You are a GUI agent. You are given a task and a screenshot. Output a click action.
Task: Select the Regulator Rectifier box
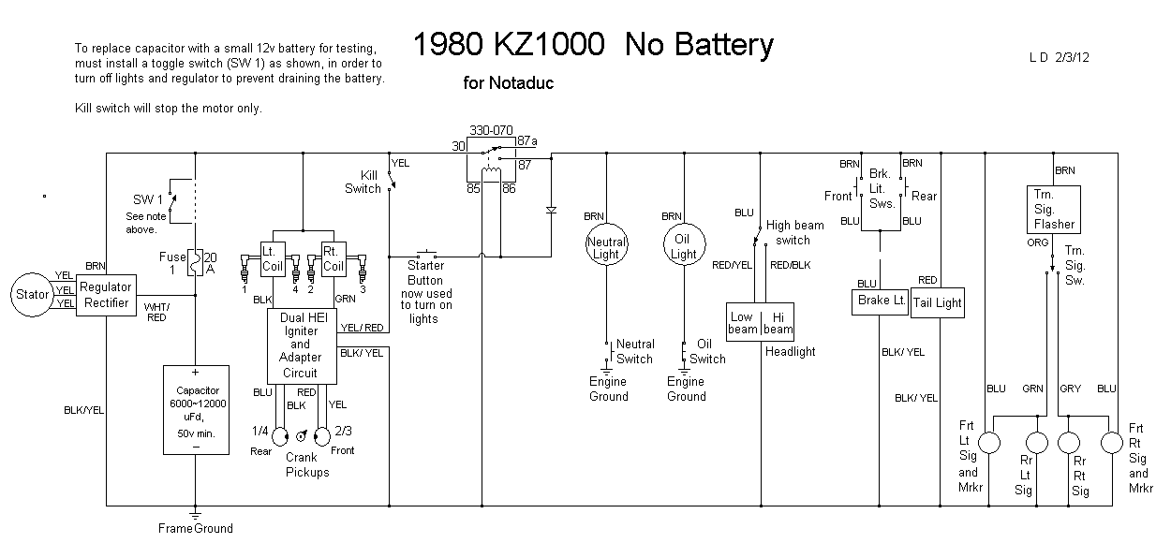click(105, 295)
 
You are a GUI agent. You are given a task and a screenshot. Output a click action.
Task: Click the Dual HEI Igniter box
click(300, 345)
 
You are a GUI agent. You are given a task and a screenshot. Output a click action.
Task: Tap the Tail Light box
click(938, 303)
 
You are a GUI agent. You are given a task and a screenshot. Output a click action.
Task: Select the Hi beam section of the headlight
click(778, 322)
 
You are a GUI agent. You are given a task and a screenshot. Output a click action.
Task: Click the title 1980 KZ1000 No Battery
click(593, 44)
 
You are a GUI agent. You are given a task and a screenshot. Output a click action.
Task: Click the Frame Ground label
click(195, 528)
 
